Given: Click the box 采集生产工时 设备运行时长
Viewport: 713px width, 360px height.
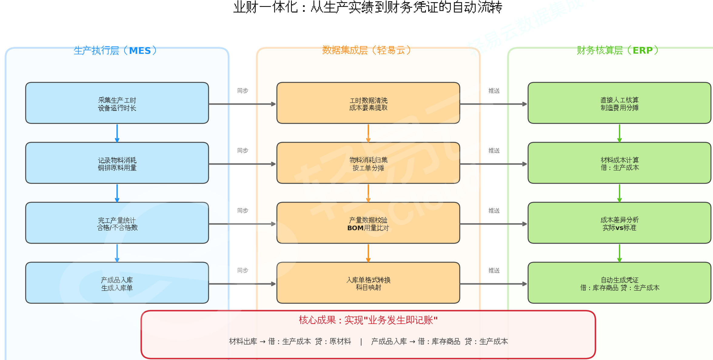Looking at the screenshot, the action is click(x=117, y=103).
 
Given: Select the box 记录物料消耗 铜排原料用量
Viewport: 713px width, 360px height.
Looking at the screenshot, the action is click(x=117, y=163).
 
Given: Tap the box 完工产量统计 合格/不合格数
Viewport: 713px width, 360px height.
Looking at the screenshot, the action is click(x=117, y=223).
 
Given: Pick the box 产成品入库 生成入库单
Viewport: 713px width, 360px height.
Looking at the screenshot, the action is click(x=117, y=283).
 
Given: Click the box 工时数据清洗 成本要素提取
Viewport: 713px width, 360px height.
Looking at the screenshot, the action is click(x=368, y=103).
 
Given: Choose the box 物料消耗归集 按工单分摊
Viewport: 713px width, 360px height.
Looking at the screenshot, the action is click(x=368, y=163).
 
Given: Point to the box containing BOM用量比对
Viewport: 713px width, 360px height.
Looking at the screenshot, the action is click(x=368, y=223).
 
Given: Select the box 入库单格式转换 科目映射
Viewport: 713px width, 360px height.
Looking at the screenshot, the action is click(x=368, y=283).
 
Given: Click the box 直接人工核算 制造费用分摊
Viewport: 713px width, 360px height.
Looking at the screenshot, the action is click(x=620, y=103).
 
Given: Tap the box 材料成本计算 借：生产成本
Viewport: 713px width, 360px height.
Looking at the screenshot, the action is click(x=620, y=163).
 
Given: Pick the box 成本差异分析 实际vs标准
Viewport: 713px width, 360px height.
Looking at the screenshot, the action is click(x=620, y=223).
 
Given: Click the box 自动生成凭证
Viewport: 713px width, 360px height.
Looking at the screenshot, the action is click(x=620, y=283).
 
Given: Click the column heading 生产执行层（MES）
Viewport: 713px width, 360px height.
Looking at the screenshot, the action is click(x=115, y=50).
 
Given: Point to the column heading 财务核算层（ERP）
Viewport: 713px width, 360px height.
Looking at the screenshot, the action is click(x=618, y=50).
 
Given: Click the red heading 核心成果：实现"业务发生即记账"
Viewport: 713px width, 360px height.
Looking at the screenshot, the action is click(x=368, y=320).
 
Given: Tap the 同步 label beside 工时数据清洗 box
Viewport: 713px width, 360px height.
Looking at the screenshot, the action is click(x=243, y=91).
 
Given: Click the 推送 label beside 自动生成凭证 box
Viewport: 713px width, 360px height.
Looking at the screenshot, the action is click(x=494, y=270).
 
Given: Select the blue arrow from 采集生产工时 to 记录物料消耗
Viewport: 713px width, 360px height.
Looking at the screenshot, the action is click(x=117, y=133).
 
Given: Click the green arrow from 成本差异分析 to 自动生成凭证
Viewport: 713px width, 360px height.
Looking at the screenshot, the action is click(x=619, y=253).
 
